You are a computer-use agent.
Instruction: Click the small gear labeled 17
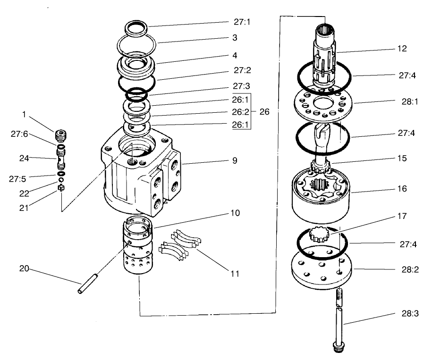pyautogui.click(x=319, y=234)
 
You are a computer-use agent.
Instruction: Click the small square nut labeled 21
pyautogui.click(x=60, y=188)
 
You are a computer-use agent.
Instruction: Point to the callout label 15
pyautogui.click(x=402, y=158)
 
